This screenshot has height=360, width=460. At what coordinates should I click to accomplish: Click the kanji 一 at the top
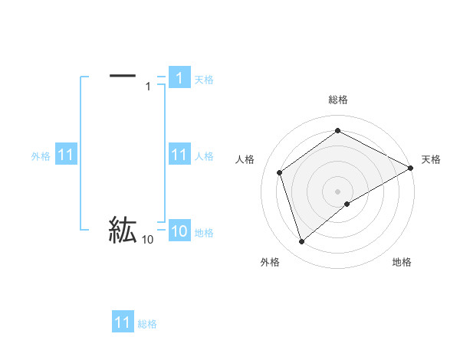[x=123, y=75]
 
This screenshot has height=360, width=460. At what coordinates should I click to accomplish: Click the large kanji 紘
[x=123, y=230]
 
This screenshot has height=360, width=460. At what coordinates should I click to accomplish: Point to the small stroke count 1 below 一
[x=148, y=87]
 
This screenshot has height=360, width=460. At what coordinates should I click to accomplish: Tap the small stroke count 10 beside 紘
[x=147, y=240]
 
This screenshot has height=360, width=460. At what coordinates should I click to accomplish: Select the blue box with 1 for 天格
[x=179, y=78]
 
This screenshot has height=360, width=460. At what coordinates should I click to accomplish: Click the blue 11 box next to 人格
[x=179, y=155]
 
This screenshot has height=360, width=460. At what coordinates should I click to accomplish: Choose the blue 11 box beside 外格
[x=65, y=155]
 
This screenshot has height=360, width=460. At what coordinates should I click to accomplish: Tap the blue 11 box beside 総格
[x=123, y=322]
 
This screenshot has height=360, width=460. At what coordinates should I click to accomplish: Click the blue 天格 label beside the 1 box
[x=204, y=79]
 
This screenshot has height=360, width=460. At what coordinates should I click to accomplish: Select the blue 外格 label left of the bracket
[x=41, y=156]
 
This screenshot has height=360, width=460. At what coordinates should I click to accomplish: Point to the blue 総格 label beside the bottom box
[x=147, y=324]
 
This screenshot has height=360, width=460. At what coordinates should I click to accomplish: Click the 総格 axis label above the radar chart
[x=338, y=100]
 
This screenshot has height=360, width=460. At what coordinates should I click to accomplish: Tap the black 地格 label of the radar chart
[x=402, y=263]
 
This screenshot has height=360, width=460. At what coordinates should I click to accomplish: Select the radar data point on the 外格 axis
[x=301, y=242]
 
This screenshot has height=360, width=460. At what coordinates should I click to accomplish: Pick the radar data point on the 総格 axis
[x=338, y=131]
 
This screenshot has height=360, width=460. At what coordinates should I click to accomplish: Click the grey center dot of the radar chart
[x=338, y=191]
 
